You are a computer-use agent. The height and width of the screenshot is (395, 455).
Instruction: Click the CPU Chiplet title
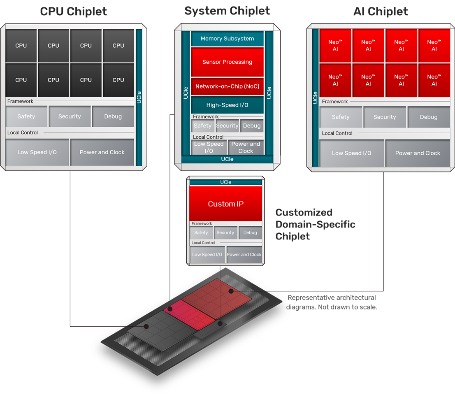tap(73, 12)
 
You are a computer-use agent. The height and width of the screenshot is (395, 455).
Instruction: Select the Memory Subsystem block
tap(227, 39)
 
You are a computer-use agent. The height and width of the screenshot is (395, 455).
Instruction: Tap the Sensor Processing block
tap(227, 62)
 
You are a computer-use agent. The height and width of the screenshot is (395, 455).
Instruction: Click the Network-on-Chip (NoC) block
tap(227, 86)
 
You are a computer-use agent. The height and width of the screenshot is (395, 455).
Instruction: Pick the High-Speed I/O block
tap(227, 105)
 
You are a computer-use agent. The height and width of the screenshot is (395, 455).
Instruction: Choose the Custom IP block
tap(225, 204)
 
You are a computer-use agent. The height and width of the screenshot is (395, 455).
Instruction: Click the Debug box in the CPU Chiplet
tap(113, 116)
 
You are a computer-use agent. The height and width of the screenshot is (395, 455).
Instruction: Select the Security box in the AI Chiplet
tap(385, 117)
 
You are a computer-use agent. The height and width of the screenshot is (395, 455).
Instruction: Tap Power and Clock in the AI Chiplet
tap(418, 153)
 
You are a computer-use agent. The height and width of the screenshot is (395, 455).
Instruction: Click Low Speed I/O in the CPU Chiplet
tap(37, 152)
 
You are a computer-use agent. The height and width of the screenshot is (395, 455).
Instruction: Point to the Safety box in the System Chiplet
tap(202, 126)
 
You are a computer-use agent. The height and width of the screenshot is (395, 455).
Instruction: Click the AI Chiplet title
tap(381, 12)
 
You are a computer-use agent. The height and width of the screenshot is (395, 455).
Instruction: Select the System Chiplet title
tap(227, 11)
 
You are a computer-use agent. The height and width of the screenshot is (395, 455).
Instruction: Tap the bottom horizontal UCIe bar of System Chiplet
tap(227, 159)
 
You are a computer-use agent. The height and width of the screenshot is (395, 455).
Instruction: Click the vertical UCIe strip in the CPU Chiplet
tap(139, 97)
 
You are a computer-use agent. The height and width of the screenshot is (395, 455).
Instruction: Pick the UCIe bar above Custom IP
tap(225, 182)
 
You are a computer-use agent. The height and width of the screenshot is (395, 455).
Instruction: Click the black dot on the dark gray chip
tap(146, 326)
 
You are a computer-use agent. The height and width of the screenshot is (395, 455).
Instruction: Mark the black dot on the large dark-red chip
tap(231, 291)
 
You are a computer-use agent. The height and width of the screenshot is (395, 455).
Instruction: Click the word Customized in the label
tap(304, 213)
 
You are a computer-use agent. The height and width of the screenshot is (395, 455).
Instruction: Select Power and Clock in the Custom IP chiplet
tap(244, 255)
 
